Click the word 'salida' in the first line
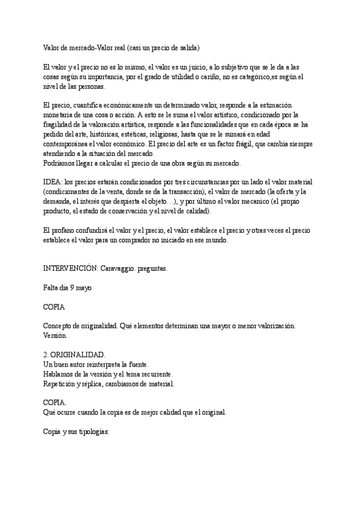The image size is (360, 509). [188, 47]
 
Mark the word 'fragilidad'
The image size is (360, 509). [60, 124]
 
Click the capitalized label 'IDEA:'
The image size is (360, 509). [53, 182]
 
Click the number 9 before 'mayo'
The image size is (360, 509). [72, 288]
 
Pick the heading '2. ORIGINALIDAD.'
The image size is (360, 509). [75, 355]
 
